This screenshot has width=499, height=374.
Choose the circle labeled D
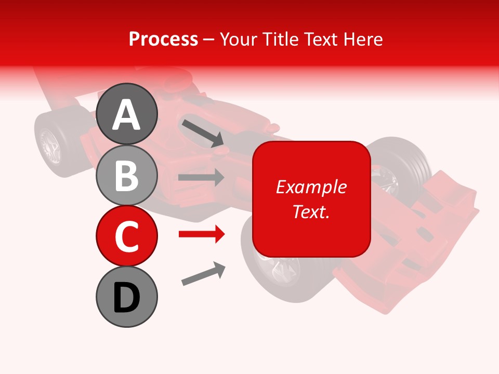pos(126,297)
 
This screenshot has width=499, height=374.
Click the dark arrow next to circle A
pos(202,132)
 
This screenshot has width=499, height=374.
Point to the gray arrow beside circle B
pos(201,178)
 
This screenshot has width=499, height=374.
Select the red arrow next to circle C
pos(201,234)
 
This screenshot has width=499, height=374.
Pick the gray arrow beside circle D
pos(203,274)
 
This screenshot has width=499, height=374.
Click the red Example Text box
pos(311,199)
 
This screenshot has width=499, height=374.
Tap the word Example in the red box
pos(311,187)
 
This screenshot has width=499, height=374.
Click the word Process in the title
pos(163,39)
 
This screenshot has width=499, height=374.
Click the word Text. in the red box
pos(311,211)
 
